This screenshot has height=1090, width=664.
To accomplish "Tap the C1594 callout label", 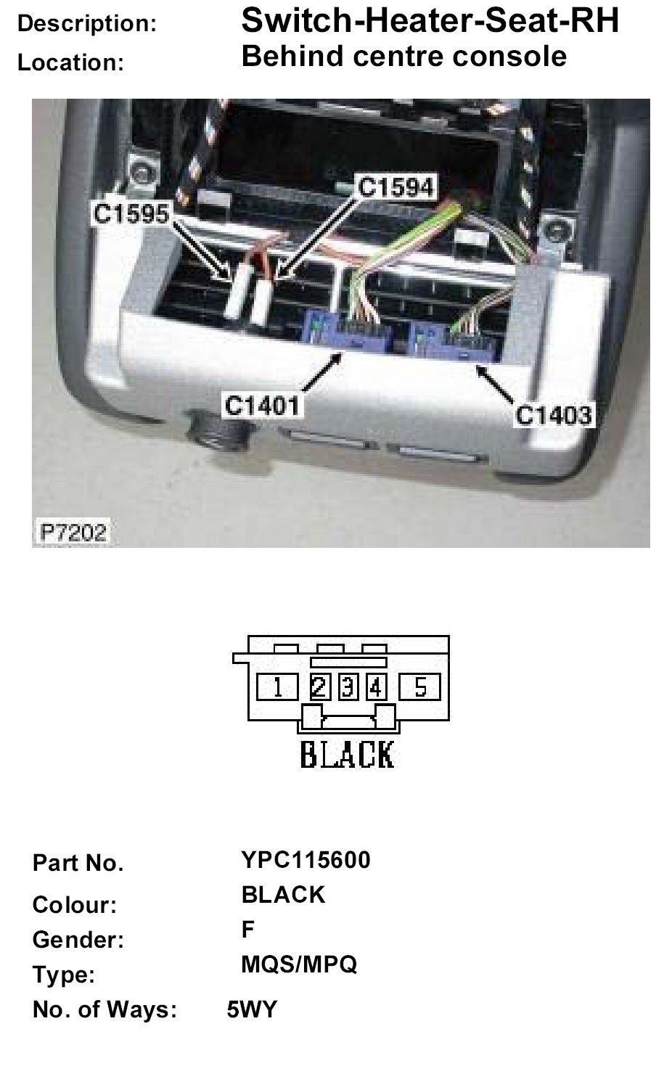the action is (396, 187).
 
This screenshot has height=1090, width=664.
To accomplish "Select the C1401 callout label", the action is (262, 405).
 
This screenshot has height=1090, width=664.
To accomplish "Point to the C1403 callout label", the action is (554, 415).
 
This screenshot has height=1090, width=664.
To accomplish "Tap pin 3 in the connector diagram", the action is (348, 687).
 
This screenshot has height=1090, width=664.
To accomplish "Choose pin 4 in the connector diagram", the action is (375, 687).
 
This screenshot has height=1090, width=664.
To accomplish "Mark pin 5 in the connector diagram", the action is (420, 687).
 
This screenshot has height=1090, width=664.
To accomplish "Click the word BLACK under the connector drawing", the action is (348, 755).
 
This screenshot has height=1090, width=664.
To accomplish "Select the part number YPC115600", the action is (306, 860).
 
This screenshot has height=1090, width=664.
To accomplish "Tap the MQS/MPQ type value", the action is (299, 964).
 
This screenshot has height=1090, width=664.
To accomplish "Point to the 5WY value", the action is (252, 1009).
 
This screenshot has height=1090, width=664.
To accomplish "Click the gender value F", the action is (248, 930).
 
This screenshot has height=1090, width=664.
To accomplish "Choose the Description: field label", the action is (87, 24).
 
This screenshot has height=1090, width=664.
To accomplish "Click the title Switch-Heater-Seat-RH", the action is (430, 22).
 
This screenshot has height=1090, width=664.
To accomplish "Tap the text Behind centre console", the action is (403, 56).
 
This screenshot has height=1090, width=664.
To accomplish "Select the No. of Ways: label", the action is (105, 1009).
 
